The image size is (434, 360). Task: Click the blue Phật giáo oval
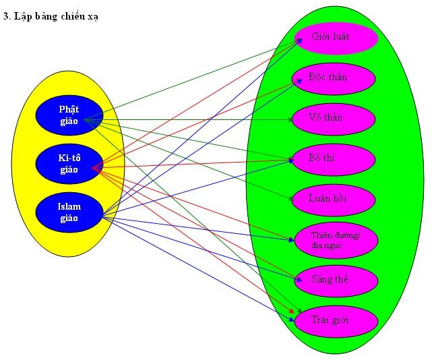69,115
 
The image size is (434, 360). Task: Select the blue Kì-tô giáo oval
69,164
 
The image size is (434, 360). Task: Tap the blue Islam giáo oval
69,212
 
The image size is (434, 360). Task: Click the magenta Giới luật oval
334,38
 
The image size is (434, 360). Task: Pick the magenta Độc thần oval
333,78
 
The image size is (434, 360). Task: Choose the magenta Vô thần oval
333,119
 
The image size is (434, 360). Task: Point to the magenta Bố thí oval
333,158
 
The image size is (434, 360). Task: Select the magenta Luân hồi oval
333,200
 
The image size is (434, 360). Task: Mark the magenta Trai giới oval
336,320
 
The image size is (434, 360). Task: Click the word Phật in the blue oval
69,109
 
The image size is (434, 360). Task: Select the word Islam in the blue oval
69,207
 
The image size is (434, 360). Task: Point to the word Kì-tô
69,158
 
